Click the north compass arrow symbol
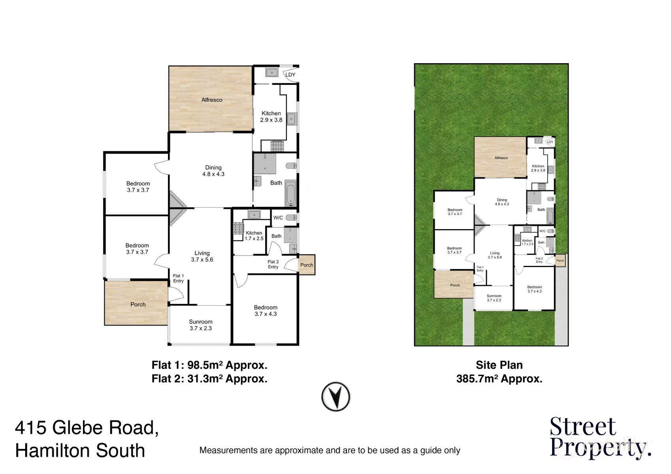335,397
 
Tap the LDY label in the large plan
290,75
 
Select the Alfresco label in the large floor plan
212,100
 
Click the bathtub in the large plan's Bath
290,194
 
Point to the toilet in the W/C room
291,217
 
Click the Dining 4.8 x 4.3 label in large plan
213,171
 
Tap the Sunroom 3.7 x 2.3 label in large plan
201,325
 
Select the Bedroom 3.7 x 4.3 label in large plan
266,310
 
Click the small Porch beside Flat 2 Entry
307,265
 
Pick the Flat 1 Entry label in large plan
178,278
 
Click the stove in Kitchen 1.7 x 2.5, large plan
238,229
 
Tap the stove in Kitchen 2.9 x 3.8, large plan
277,146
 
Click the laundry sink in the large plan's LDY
271,73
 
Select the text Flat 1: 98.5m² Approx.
209,365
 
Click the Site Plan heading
499,365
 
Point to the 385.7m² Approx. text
499,379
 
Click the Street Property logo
599,438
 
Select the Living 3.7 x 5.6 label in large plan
202,256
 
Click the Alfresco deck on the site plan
500,157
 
